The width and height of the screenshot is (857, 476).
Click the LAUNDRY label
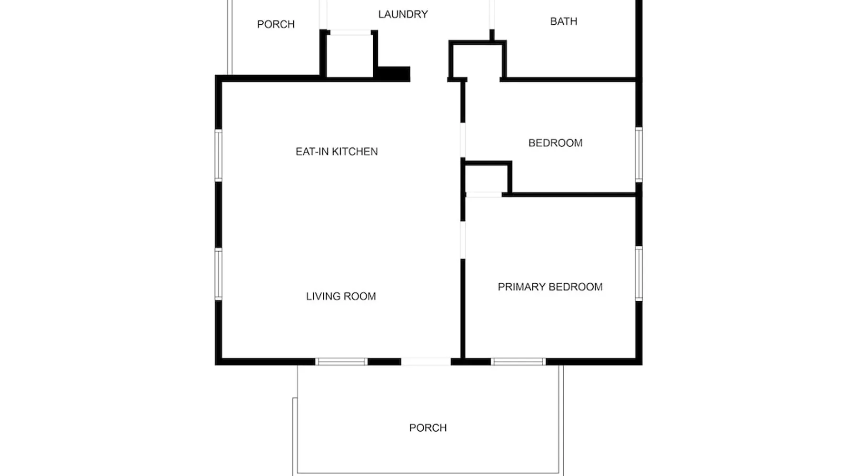point(403,14)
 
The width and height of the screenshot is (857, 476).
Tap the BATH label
point(563,21)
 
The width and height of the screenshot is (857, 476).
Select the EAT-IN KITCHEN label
point(337,151)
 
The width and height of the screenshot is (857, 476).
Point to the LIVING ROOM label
point(341,296)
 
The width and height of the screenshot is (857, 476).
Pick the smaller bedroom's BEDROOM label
point(555,143)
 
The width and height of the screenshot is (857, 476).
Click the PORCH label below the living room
point(428,427)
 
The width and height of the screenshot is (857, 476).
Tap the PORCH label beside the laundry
point(276,24)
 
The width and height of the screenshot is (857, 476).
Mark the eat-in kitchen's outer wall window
point(219,155)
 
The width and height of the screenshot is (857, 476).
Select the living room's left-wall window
point(219,274)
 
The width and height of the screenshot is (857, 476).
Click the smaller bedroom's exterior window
point(639,154)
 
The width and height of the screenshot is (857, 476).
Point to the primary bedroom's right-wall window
point(639,273)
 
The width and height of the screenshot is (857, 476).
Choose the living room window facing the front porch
point(341,362)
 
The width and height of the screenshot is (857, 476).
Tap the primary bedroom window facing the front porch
point(518,362)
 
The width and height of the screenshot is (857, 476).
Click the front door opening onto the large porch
point(426,362)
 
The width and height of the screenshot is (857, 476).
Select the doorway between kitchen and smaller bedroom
point(463,140)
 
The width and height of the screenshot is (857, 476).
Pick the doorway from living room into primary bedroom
point(463,240)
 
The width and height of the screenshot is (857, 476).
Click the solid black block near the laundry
point(394,74)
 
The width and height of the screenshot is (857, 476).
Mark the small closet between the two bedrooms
point(486,178)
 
